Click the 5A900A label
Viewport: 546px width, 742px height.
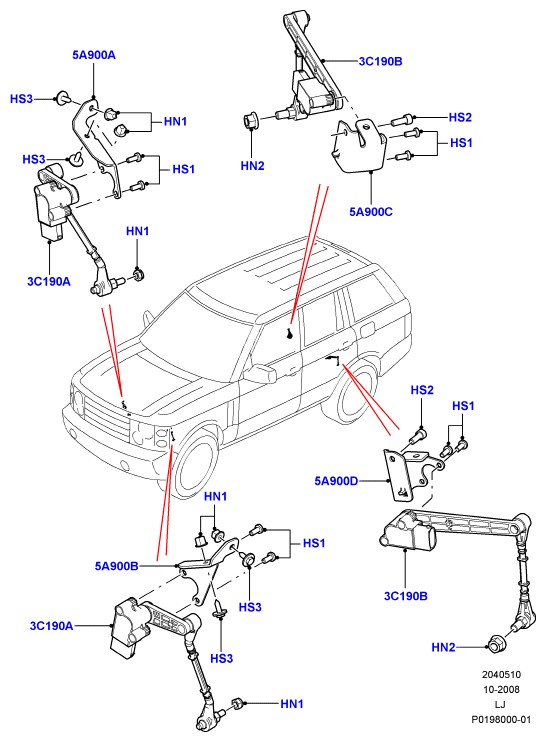(x=94, y=55)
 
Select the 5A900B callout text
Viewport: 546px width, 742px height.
(x=116, y=566)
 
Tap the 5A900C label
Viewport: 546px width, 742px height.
(x=371, y=212)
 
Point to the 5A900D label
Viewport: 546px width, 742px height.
(x=336, y=481)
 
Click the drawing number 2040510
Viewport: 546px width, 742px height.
(x=502, y=674)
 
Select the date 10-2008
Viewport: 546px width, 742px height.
(x=502, y=689)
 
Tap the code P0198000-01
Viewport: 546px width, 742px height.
(x=501, y=720)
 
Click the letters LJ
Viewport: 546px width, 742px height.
(x=501, y=705)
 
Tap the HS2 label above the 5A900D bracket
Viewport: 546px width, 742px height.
(x=422, y=390)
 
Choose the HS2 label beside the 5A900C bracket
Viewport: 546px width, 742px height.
(x=460, y=117)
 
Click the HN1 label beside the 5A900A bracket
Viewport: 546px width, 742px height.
(x=175, y=122)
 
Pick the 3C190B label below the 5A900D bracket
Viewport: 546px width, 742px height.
(x=405, y=596)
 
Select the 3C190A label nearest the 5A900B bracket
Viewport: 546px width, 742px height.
(x=52, y=626)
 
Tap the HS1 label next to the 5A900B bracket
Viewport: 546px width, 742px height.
(x=314, y=543)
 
